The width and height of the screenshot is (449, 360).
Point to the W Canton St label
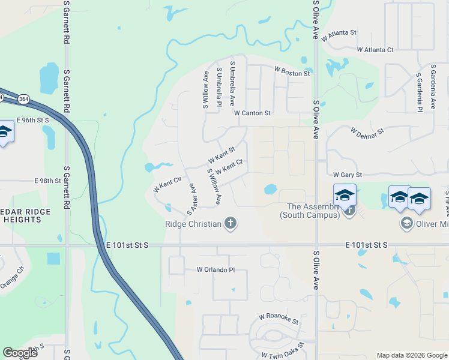pos(253,112)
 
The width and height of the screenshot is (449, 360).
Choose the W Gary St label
pos(348,175)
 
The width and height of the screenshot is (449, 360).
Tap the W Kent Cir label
pos(167,184)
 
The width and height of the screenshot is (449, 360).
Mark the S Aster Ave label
pos(192,199)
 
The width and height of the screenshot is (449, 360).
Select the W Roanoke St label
pos(279,319)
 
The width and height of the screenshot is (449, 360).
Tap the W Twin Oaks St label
pos(283,351)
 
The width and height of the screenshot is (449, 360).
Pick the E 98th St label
pos(48,181)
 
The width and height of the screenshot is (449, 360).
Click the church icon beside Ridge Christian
pos(230,224)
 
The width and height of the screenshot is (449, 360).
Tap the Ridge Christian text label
pos(193,224)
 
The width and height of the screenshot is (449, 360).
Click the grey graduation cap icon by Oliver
pos(406,223)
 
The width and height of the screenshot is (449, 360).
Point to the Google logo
pos(20,353)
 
